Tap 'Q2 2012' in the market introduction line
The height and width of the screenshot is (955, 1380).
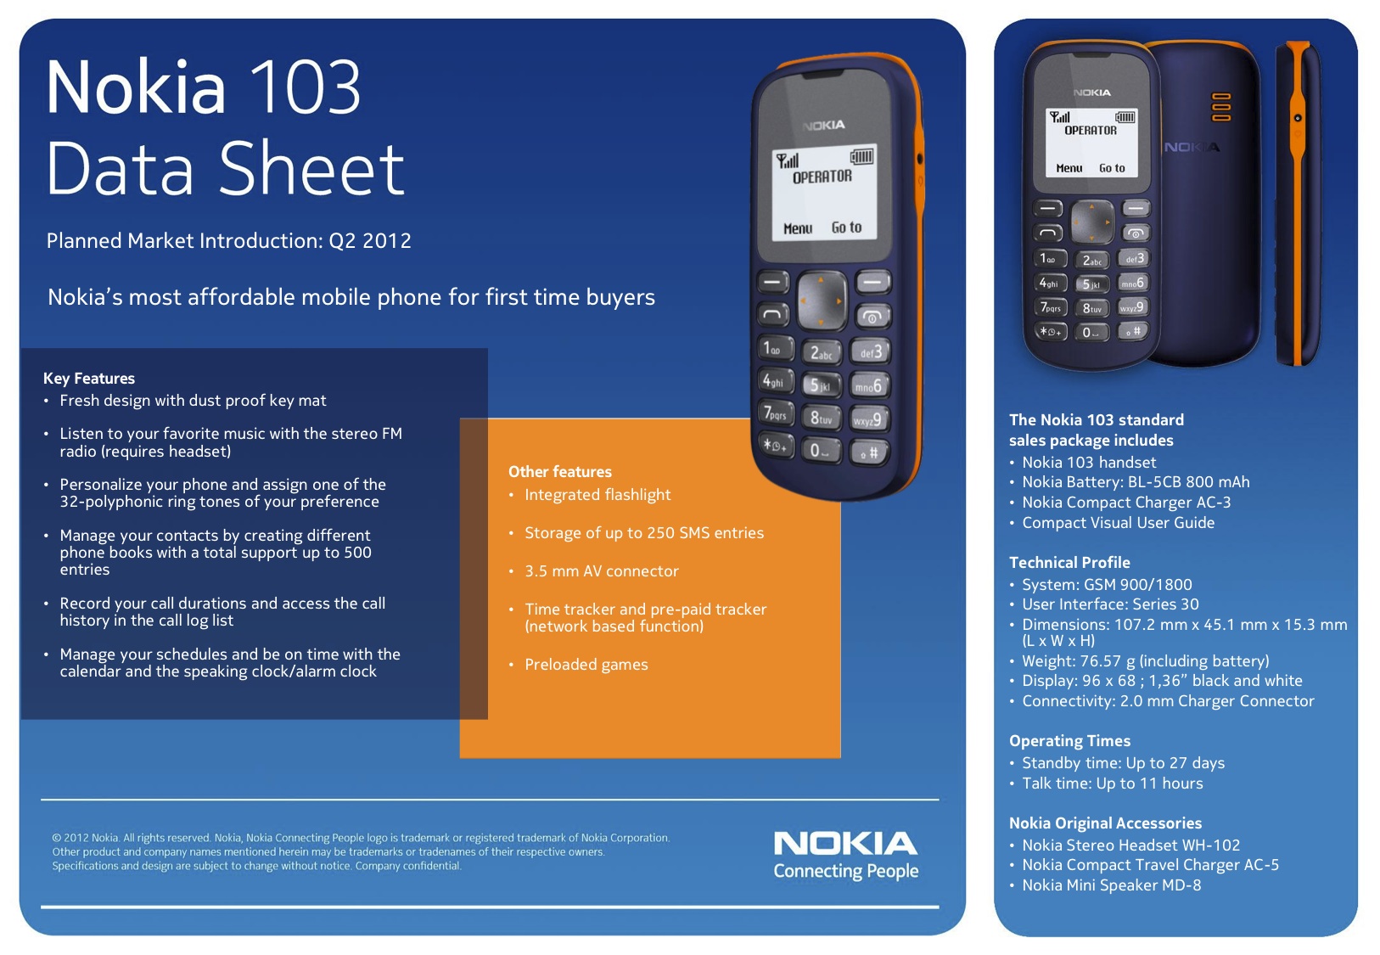click(370, 241)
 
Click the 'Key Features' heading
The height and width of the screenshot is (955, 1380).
click(89, 379)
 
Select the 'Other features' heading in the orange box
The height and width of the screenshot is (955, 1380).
click(560, 472)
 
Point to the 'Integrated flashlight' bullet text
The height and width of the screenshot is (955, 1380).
click(597, 495)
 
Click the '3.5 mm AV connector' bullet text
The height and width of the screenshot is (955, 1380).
click(601, 571)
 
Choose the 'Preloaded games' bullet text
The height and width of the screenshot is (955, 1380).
click(586, 665)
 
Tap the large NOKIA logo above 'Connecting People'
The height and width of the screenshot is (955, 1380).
click(845, 844)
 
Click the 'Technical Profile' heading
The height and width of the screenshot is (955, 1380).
click(1069, 563)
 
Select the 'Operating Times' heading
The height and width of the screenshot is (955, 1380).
click(1069, 740)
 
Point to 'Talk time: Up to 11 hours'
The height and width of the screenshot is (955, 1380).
click(1112, 783)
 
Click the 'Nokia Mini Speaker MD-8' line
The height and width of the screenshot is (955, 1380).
click(1112, 885)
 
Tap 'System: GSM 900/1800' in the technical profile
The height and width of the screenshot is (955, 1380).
click(1107, 584)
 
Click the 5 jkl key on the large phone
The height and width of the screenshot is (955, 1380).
click(822, 385)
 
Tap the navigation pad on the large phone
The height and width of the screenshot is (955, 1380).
click(822, 301)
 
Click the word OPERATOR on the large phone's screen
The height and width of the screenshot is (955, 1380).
click(822, 177)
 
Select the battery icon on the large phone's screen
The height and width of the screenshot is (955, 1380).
click(861, 156)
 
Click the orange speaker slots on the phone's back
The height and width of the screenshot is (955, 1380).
click(1220, 107)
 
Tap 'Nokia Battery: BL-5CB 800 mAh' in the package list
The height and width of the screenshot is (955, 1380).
click(1136, 482)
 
